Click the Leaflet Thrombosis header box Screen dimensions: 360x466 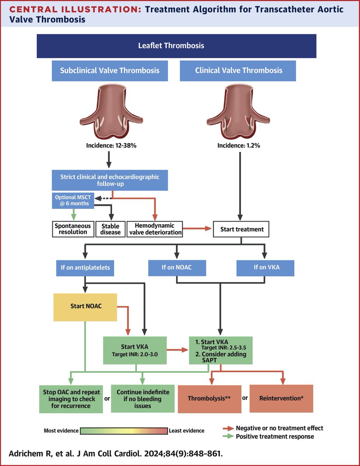[177, 46]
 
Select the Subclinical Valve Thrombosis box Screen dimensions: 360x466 [110, 71]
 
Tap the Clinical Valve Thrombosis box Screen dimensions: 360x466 [238, 71]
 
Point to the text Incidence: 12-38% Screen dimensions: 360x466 [111, 145]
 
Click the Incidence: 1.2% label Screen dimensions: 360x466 [239, 145]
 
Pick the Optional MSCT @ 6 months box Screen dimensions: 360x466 [73, 200]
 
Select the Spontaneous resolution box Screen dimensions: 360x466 [73, 229]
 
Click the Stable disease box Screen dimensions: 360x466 [110, 229]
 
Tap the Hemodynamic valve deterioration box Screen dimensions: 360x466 [155, 229]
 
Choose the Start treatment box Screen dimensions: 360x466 [241, 229]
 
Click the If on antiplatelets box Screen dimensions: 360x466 [85, 268]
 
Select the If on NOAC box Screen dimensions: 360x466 [177, 268]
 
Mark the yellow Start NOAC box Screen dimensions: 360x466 [85, 307]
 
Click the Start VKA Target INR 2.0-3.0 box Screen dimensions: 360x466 [135, 350]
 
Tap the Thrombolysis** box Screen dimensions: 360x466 [209, 399]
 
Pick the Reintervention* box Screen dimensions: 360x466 [281, 399]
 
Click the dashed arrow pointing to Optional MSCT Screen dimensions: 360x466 [103, 198]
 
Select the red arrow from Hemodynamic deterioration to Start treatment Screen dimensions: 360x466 [197, 228]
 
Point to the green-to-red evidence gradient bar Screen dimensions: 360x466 [124, 431]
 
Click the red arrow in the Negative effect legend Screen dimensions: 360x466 [228, 428]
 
